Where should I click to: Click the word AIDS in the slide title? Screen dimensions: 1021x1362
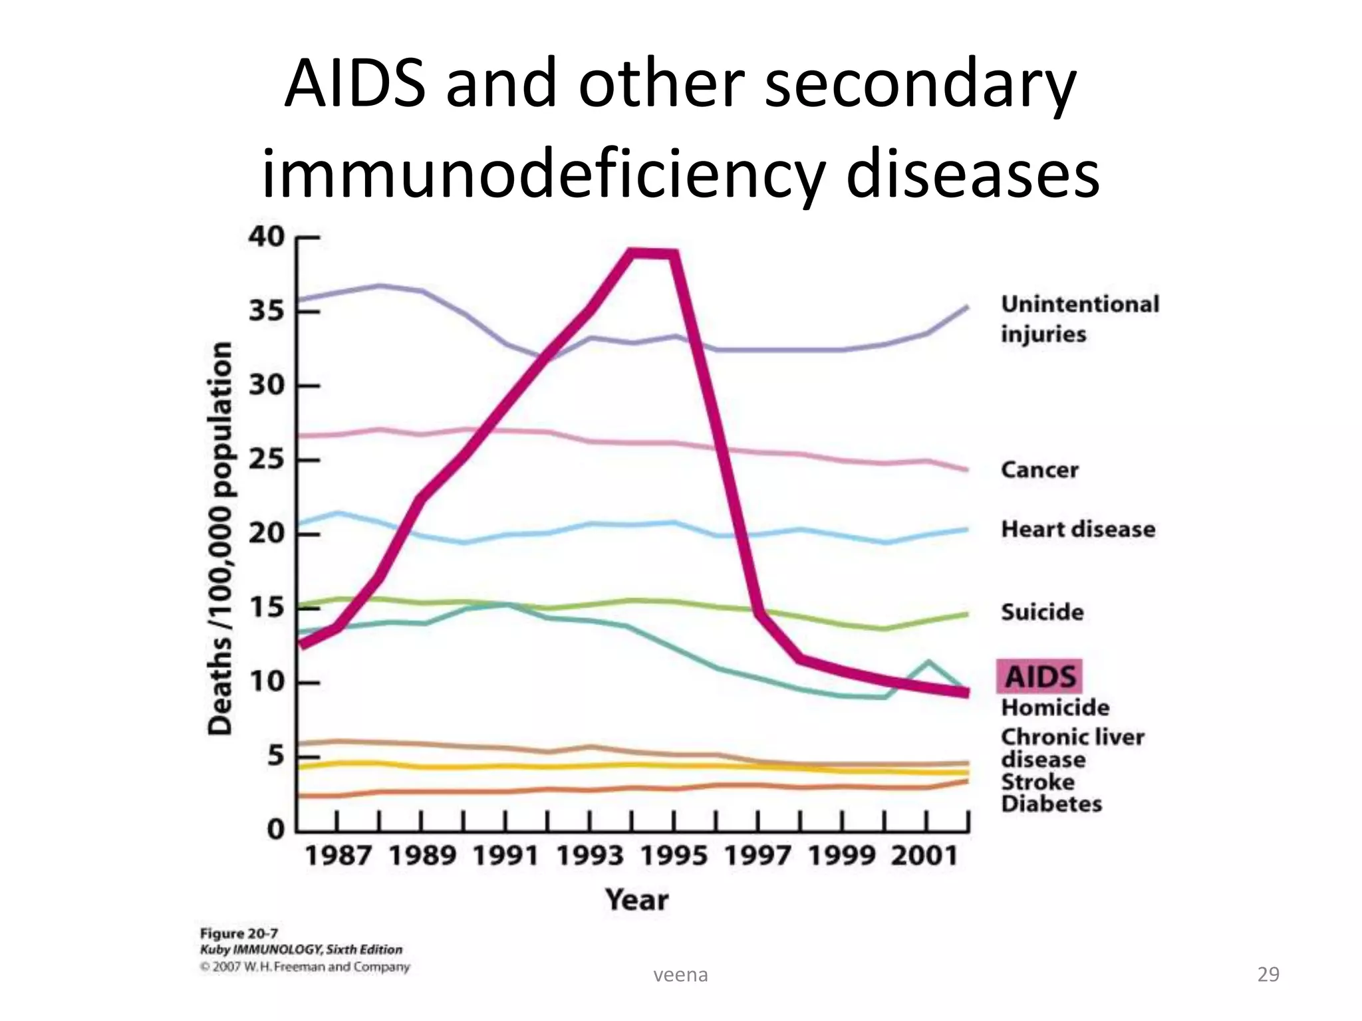(354, 84)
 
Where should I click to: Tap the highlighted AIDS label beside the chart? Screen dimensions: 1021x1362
(1039, 677)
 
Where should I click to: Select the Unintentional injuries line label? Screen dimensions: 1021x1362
(1079, 318)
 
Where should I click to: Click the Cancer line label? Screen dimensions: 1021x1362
(1039, 470)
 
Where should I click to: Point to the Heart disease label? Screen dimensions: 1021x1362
(1078, 529)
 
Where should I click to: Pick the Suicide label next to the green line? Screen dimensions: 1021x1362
(1042, 612)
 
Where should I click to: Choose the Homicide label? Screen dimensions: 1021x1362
(1055, 707)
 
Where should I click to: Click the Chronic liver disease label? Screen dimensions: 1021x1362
(1072, 748)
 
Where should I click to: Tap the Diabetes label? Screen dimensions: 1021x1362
(1051, 804)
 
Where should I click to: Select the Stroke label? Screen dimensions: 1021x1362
(1037, 782)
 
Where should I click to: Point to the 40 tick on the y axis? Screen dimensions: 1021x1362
(266, 237)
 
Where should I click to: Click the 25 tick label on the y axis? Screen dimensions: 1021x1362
(266, 459)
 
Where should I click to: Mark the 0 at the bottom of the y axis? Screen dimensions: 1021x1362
(275, 830)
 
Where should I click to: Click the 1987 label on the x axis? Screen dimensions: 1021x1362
(338, 855)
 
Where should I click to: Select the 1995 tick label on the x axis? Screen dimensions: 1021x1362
(674, 855)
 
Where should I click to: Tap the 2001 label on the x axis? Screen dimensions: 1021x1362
(925, 855)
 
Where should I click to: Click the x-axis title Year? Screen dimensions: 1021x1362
(636, 900)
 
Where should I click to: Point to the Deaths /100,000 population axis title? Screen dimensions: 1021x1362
(220, 538)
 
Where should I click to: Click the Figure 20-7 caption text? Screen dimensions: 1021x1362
(239, 933)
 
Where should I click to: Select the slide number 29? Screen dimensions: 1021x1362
(1268, 974)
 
